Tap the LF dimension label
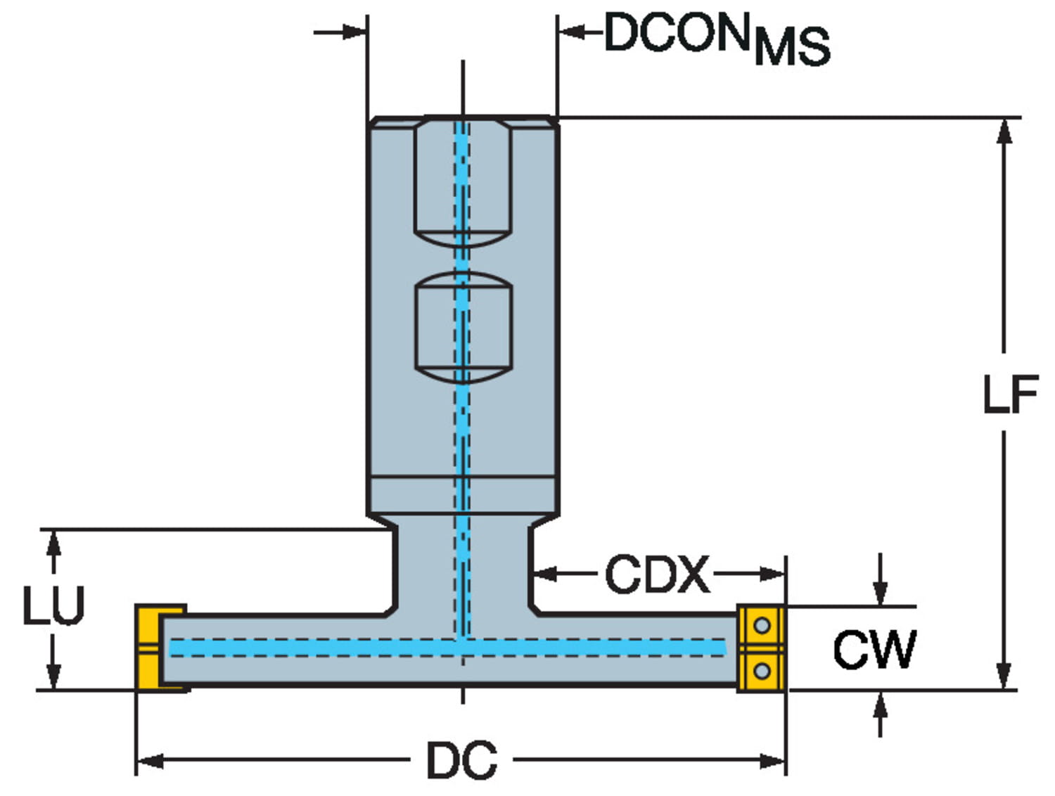pyautogui.click(x=1010, y=394)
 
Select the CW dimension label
pyautogui.click(x=874, y=649)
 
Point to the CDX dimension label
pyautogui.click(x=657, y=574)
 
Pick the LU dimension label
pyautogui.click(x=53, y=605)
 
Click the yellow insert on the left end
pyautogui.click(x=150, y=648)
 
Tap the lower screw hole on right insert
pyautogui.click(x=762, y=670)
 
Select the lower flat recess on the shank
pyautogui.click(x=463, y=327)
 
